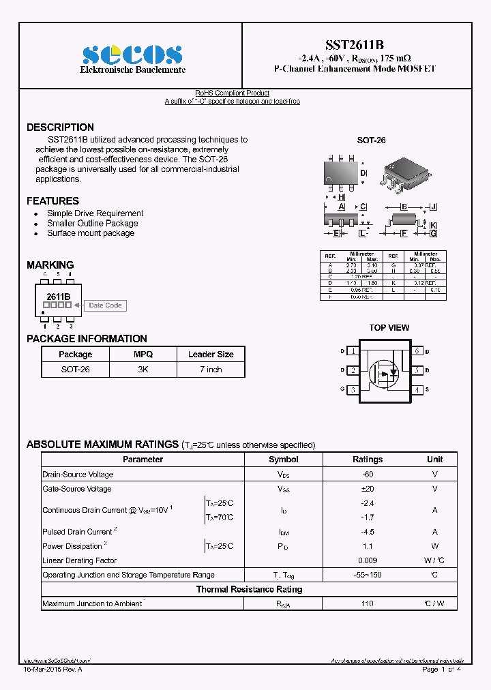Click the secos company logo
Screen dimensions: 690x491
pos(132,55)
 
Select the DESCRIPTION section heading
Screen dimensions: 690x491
pos(60,127)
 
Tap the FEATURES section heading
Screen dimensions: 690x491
pos(53,201)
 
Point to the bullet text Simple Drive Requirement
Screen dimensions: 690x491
pos(95,213)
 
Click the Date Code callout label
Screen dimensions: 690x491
pos(105,305)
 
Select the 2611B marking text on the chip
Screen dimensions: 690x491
pos(58,297)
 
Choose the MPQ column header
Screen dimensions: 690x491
pos(143,355)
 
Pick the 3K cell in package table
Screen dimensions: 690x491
pos(143,370)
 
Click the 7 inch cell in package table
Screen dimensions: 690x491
pos(211,370)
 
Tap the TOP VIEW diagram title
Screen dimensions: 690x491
pos(389,328)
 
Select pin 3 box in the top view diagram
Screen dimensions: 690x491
pos(353,390)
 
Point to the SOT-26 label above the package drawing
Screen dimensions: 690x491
pos(372,140)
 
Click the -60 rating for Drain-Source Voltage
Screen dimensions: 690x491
pos(368,475)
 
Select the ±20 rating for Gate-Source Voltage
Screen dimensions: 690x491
pos(368,489)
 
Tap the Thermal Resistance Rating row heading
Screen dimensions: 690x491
pos(249,589)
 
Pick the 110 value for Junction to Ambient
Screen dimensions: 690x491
pos(368,604)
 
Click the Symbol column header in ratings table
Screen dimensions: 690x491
pos(284,460)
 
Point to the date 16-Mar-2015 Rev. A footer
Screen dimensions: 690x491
pos(53,670)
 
